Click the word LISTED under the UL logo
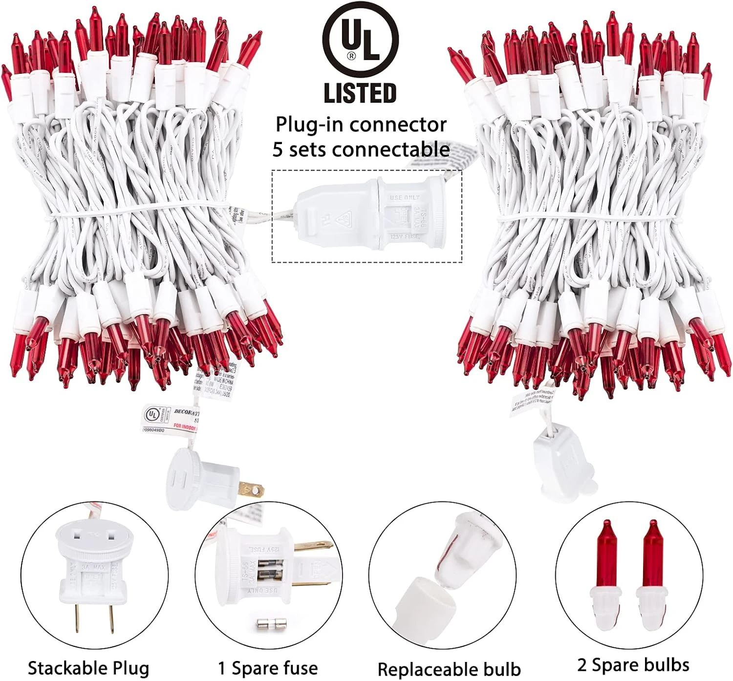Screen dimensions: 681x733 coord(360,93)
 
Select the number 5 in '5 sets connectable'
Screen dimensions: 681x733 coord(278,149)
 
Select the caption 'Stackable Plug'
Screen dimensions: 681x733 coord(88,668)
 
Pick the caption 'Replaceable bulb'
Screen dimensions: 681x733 coord(449,669)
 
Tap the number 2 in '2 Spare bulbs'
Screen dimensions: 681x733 coord(582,665)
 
